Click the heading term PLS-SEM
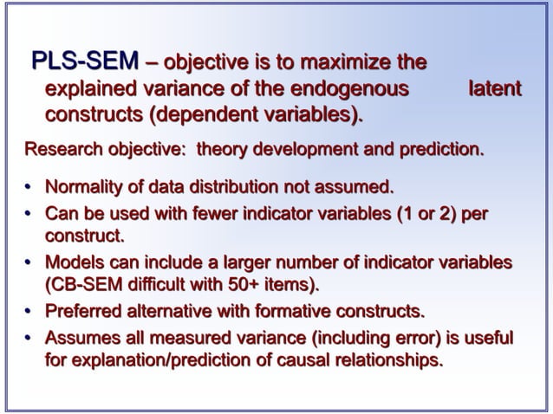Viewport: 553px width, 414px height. (84, 62)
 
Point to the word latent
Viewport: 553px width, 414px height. (494, 87)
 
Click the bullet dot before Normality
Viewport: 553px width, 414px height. (28, 187)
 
